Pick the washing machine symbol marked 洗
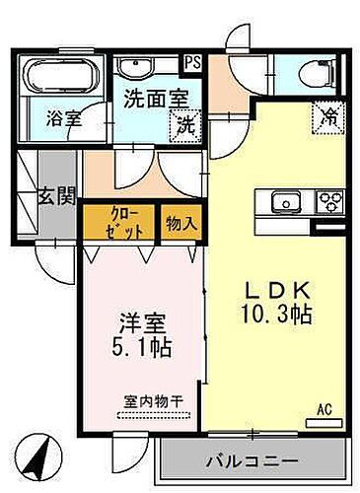[x=184, y=125]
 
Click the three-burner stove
[x=327, y=202]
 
